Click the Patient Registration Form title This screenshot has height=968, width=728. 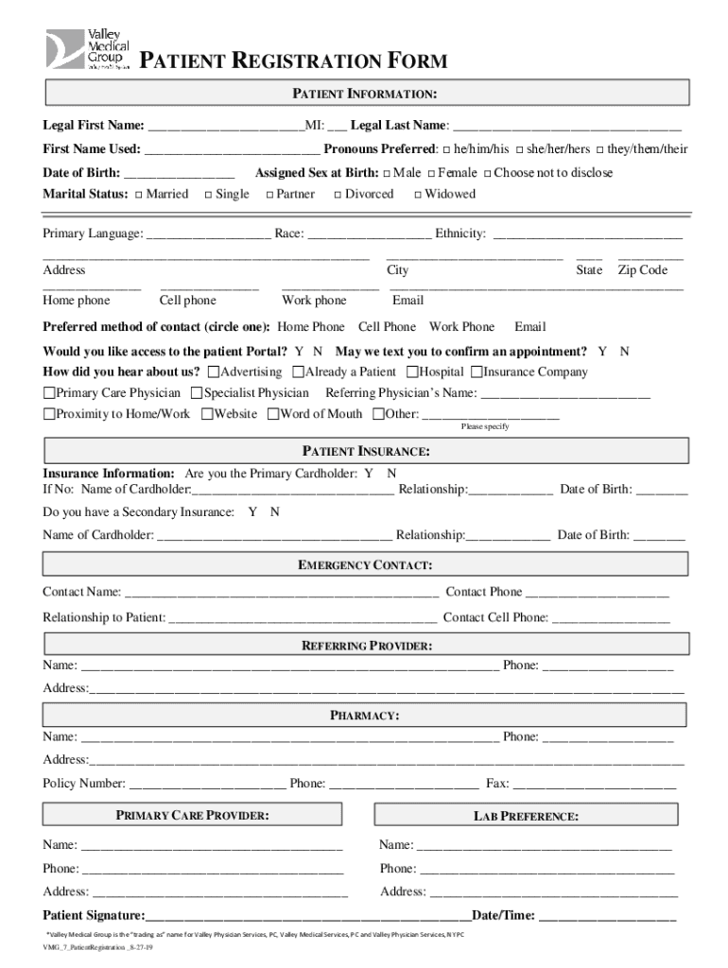(x=293, y=62)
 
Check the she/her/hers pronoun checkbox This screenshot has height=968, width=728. (x=518, y=149)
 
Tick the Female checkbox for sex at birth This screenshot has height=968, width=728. (x=430, y=173)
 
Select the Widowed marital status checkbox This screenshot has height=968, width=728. (x=417, y=195)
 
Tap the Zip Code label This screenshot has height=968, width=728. (x=642, y=270)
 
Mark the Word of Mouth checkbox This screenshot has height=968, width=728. (x=273, y=414)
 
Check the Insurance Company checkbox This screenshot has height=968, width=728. (x=477, y=372)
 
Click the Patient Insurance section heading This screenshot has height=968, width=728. (x=366, y=452)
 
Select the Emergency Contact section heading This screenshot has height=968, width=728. (x=366, y=565)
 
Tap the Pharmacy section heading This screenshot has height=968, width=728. (x=364, y=716)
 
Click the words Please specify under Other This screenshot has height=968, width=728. (x=485, y=427)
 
